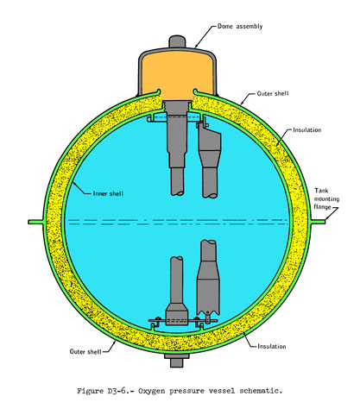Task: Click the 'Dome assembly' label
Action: (240, 27)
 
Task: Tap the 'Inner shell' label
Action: (108, 193)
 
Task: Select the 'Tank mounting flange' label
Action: (326, 198)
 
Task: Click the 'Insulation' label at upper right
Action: (307, 130)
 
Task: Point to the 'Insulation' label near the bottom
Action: (272, 346)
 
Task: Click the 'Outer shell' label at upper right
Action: (273, 94)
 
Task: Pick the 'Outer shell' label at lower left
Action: (85, 351)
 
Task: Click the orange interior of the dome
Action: (177, 75)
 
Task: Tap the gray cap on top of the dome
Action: (177, 41)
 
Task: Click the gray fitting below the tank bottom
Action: (176, 360)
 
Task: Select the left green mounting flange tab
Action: (36, 222)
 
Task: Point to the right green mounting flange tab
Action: (317, 222)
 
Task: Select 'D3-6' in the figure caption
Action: (117, 391)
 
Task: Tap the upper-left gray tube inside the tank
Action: (176, 153)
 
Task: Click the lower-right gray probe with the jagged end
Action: (208, 278)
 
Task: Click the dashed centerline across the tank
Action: (179, 222)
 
